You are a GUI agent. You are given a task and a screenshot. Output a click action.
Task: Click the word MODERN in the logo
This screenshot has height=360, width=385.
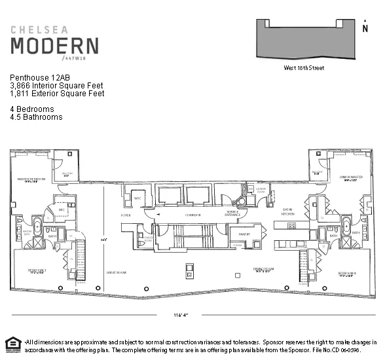[x=54, y=46]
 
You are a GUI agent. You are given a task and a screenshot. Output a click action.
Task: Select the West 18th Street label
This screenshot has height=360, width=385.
[x=303, y=67]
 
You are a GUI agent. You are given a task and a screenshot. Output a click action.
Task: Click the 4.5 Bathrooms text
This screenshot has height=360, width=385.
[x=36, y=117]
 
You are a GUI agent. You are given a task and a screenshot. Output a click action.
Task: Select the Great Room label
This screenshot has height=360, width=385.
[x=116, y=270]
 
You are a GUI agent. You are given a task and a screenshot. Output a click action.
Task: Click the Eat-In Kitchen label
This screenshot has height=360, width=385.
[x=288, y=212]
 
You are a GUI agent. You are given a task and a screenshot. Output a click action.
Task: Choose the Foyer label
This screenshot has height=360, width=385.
[x=126, y=214]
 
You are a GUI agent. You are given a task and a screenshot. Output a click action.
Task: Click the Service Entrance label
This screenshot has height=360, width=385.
[x=232, y=213]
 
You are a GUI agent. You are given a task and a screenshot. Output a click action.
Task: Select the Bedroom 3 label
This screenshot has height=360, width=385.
[x=37, y=270]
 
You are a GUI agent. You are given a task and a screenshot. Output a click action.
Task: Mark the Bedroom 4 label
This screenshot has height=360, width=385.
[x=346, y=274]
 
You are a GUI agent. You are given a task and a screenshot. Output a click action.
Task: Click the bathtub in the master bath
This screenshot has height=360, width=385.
[x=37, y=230]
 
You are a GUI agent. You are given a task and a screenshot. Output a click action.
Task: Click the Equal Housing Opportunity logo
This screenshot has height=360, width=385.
[x=11, y=344]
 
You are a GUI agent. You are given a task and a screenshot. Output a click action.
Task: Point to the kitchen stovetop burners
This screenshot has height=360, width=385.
[x=291, y=226]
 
